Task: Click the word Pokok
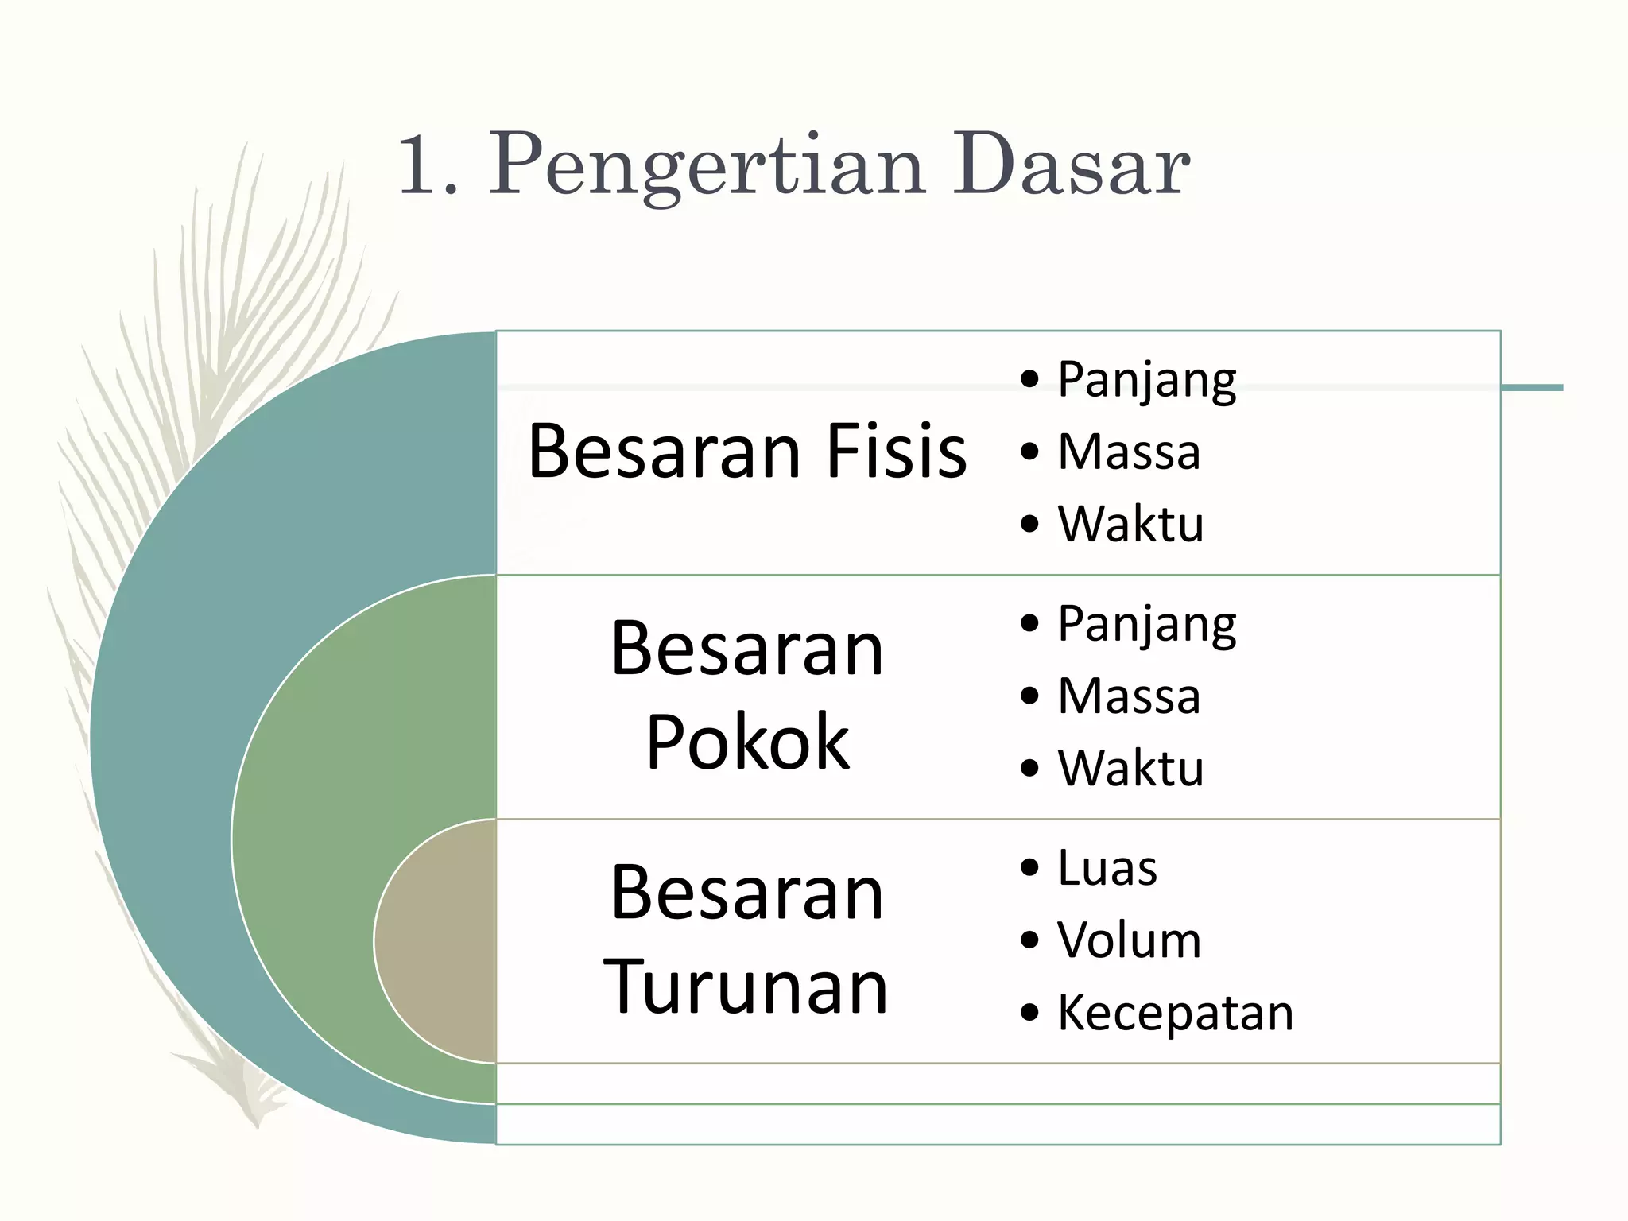pos(747,742)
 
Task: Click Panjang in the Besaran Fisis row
pos(1146,381)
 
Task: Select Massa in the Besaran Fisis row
pos(1129,452)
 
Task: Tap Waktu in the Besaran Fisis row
pos(1130,524)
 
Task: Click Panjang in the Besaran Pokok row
pos(1146,625)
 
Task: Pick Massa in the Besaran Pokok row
pos(1129,696)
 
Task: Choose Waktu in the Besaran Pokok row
pos(1130,768)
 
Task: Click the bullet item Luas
pos(1107,867)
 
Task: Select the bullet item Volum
pos(1129,940)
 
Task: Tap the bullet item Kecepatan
pos(1175,1013)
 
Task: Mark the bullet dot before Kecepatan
pos(1029,1013)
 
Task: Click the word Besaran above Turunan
pos(747,893)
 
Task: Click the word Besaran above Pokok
pos(747,649)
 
